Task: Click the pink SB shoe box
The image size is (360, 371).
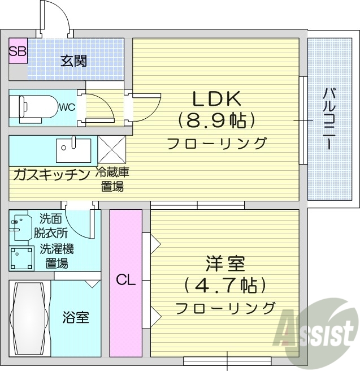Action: (x=18, y=51)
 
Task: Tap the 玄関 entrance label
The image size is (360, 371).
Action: (x=73, y=61)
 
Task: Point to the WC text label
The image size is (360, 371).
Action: (x=67, y=106)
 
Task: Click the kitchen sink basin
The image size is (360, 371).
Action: (x=73, y=149)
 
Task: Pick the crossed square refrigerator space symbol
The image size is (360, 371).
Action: (x=112, y=149)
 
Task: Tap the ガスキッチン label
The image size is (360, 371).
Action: (x=51, y=174)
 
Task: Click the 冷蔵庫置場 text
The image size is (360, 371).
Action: (x=112, y=179)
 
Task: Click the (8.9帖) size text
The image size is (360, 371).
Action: (x=216, y=120)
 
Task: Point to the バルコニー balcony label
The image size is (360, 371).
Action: (x=327, y=119)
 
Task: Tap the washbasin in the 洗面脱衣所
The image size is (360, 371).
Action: (x=21, y=226)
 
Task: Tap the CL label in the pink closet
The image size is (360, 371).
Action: (x=125, y=279)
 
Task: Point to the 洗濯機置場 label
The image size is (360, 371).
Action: (x=57, y=256)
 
